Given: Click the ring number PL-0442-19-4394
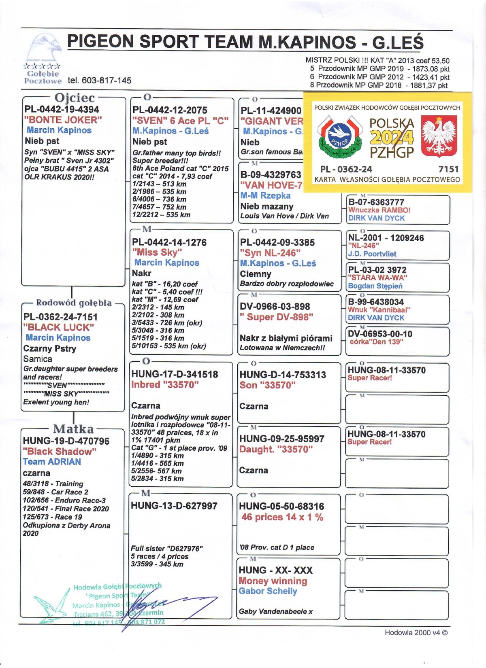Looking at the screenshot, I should tap(62, 109).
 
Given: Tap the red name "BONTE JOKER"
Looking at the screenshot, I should tap(63, 120).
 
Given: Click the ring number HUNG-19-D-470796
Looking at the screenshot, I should tap(66, 441).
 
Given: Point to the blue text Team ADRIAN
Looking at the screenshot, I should tap(52, 462).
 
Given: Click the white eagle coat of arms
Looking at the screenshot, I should tap(439, 136).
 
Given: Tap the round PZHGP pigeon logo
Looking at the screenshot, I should tap(339, 137).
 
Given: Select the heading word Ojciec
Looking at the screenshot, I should tap(75, 98).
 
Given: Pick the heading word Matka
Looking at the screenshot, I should tap(73, 429).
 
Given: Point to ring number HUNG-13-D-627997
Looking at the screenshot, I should tap(174, 506).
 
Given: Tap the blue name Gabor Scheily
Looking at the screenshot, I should tap(268, 591).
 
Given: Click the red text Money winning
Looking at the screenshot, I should tap(273, 581).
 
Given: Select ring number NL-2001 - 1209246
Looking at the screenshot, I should tap(386, 238).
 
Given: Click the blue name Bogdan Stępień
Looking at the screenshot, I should tap(375, 286).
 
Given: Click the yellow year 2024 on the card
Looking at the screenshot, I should tap(392, 138).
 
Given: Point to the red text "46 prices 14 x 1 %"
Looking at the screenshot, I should tap(282, 517).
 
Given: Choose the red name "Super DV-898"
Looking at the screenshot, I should tap(276, 317).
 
